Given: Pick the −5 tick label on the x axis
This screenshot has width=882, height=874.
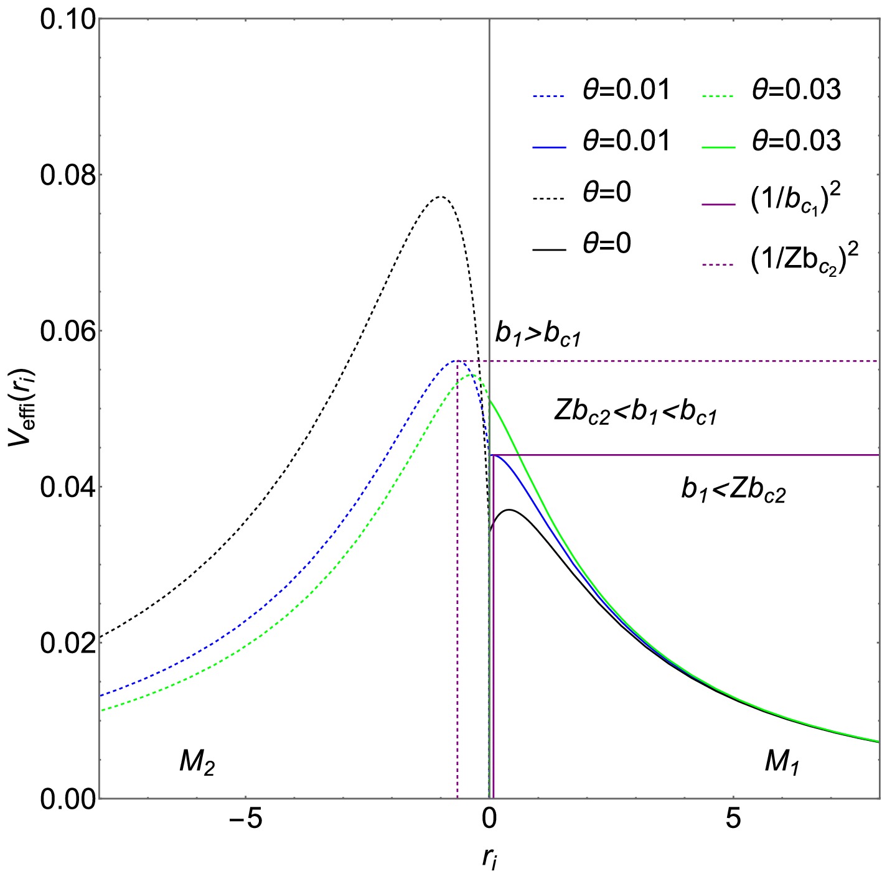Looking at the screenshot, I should click(245, 819).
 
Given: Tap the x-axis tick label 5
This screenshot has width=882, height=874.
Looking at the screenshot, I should click(734, 819).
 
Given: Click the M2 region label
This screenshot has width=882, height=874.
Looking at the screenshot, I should click(197, 762).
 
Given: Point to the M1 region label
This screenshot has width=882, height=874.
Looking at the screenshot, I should click(782, 762).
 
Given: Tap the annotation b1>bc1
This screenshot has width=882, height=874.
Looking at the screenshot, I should click(538, 334).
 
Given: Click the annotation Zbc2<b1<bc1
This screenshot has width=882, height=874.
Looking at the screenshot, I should click(636, 413).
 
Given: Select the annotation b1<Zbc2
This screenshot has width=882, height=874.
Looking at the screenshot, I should click(733, 491).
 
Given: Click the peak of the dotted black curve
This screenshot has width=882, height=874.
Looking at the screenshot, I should click(441, 197).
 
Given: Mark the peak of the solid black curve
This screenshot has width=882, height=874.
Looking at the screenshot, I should click(510, 510).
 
